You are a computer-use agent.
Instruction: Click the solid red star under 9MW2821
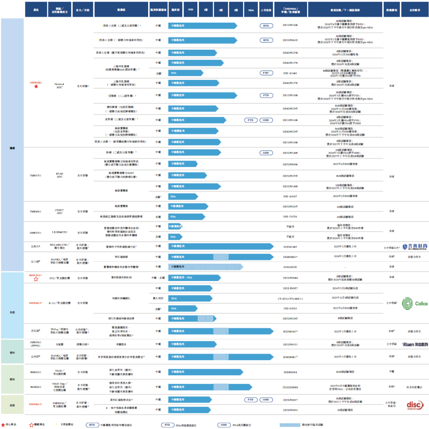click(x=36, y=87)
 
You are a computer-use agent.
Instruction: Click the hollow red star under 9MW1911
click(x=36, y=279)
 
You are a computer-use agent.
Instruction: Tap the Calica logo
click(x=415, y=304)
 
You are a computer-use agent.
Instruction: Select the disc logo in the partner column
click(x=415, y=404)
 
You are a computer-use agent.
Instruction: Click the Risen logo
click(x=415, y=344)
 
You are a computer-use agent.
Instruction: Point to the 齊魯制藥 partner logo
click(x=415, y=246)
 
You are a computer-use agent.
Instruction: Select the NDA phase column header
click(x=251, y=9)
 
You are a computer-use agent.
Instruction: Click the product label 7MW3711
click(x=36, y=175)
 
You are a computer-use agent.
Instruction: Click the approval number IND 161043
click(x=290, y=74)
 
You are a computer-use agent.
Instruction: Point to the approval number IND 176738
click(x=290, y=216)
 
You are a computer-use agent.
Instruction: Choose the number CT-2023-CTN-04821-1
click(x=290, y=298)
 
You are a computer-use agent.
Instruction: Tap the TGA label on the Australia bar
click(x=173, y=298)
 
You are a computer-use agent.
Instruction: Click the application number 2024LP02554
click(x=290, y=53)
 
